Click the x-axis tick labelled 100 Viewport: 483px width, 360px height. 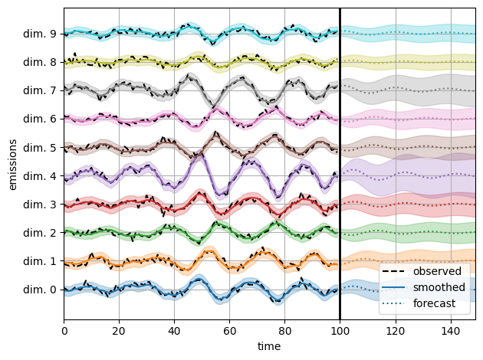coord(340,330)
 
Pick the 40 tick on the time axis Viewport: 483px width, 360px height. coord(174,330)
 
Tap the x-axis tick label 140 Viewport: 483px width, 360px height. coord(450,330)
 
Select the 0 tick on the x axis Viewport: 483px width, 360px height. coord(64,330)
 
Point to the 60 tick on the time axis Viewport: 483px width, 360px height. coord(229,330)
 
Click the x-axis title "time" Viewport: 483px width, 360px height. coord(269,346)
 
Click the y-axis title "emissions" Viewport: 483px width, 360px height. coord(12,162)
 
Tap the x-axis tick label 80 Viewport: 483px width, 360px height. coord(284,330)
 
